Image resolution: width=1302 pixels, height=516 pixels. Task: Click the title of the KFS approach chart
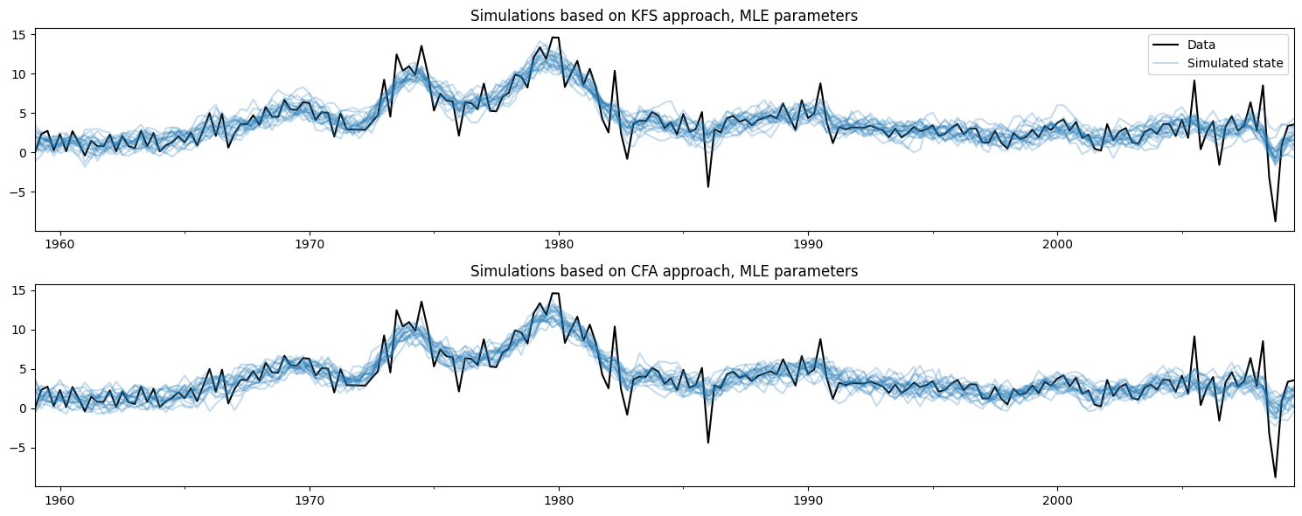pos(664,16)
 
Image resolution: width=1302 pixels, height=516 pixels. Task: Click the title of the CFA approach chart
pos(664,271)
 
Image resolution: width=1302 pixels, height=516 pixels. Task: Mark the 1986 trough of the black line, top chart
pos(708,186)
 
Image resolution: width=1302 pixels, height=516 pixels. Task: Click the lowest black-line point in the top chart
pos(1275,221)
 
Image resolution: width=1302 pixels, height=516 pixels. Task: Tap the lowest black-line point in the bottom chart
pos(1275,477)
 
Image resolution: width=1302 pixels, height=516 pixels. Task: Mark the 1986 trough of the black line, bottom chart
pos(708,442)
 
